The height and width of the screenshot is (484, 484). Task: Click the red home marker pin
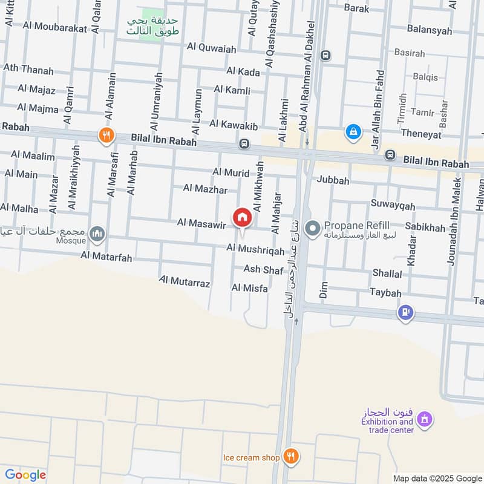pyautogui.click(x=242, y=217)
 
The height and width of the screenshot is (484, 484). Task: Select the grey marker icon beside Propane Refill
pyautogui.click(x=313, y=229)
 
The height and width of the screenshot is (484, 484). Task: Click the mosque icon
pyautogui.click(x=97, y=233)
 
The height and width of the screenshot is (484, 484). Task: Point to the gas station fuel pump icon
pyautogui.click(x=405, y=312)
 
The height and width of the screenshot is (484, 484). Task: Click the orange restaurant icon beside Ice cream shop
pyautogui.click(x=291, y=457)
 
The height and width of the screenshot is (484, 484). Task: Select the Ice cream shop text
pyautogui.click(x=251, y=457)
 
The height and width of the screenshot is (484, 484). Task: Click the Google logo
pyautogui.click(x=25, y=475)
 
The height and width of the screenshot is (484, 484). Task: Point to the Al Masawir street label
pyautogui.click(x=201, y=224)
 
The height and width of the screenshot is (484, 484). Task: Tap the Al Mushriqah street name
pyautogui.click(x=255, y=249)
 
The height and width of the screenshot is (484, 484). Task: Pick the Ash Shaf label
pyautogui.click(x=263, y=269)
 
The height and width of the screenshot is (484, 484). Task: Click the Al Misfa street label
pyautogui.click(x=249, y=289)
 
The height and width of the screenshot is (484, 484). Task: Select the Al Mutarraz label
pyautogui.click(x=185, y=281)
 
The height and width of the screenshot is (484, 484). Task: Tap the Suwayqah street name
pyautogui.click(x=393, y=206)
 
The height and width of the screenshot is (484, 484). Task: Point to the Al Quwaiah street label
pyautogui.click(x=211, y=47)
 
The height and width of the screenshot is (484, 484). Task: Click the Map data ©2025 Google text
pyautogui.click(x=436, y=478)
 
